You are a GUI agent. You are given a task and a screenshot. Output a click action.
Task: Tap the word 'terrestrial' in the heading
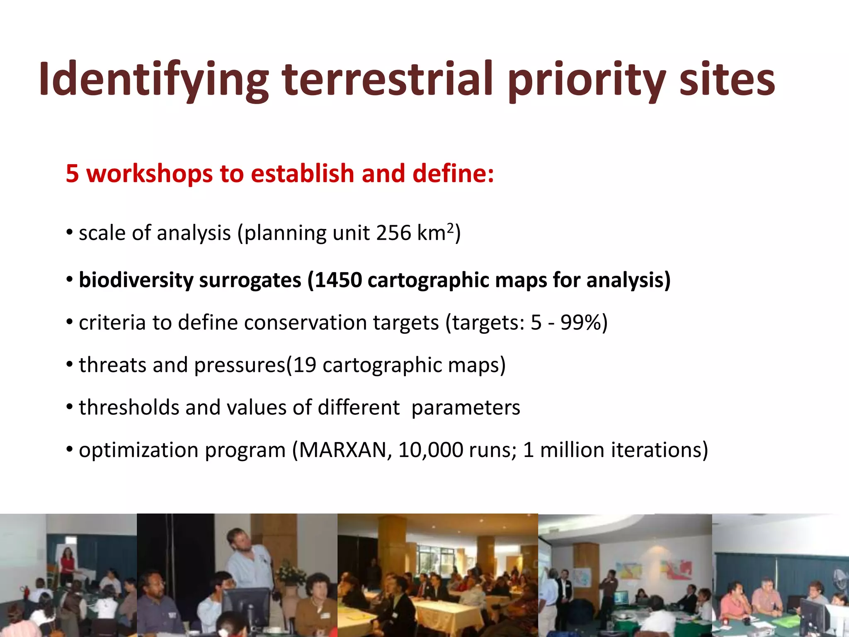(388, 79)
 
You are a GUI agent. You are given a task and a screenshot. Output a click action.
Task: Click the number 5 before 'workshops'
(72, 173)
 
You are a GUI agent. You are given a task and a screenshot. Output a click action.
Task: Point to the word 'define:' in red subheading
(453, 173)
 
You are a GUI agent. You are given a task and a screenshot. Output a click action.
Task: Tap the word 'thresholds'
(129, 407)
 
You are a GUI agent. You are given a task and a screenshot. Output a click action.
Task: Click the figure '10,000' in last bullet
(430, 450)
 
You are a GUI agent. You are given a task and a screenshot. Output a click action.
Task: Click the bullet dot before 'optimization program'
(70, 450)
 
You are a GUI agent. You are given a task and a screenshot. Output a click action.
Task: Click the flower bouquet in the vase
(290, 572)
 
